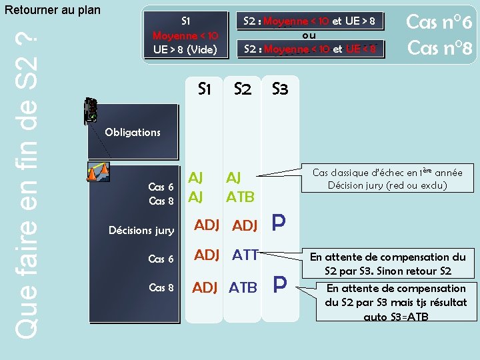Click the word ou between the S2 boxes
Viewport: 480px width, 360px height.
click(309, 35)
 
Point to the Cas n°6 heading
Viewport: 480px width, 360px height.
click(439, 22)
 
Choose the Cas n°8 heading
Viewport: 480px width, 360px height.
click(439, 48)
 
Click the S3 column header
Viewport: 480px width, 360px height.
click(280, 89)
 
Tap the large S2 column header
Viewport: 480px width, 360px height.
click(243, 89)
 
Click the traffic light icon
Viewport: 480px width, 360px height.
click(91, 111)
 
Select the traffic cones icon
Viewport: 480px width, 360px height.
click(98, 171)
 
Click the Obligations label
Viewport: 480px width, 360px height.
click(133, 132)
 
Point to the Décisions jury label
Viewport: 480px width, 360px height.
click(141, 231)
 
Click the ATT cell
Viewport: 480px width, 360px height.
click(245, 254)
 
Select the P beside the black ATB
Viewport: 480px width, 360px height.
click(280, 286)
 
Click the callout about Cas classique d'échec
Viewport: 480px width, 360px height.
click(387, 179)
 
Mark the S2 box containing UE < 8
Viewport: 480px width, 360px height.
click(310, 49)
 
